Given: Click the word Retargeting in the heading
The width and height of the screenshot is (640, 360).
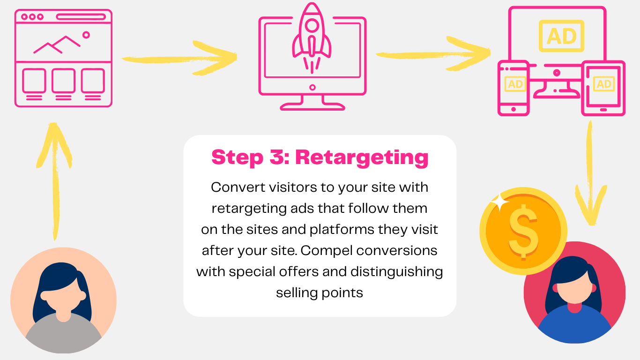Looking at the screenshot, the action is click(362, 158).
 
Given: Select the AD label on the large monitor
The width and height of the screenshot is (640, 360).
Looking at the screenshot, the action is click(561, 36).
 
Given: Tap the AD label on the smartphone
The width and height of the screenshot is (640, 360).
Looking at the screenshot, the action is click(515, 84).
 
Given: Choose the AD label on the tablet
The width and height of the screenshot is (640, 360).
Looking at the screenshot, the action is click(604, 84).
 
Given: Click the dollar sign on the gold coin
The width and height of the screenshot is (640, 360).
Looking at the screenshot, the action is click(523, 232).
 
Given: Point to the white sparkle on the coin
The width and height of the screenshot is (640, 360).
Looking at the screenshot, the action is click(499, 202).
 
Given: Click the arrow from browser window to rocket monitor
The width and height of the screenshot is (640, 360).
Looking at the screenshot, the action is click(179, 58).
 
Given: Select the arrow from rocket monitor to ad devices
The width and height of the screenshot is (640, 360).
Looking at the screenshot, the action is click(433, 54).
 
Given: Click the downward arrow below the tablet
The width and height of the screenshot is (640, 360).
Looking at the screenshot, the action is click(590, 173).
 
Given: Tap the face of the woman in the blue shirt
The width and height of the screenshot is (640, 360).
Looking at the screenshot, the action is click(575, 288).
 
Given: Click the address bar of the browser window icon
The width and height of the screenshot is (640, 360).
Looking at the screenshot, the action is click(81, 17).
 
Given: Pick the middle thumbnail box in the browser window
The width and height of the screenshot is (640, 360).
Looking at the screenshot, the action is click(63, 81).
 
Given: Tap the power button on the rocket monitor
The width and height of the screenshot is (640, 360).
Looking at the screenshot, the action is click(313, 87).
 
